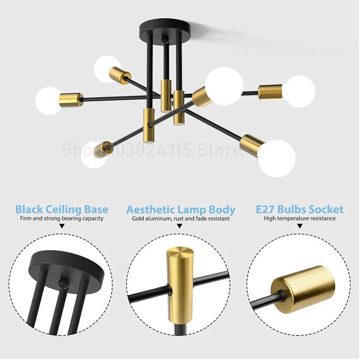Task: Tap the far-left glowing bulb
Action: pyautogui.click(x=48, y=101)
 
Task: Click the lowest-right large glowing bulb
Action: pyautogui.click(x=277, y=159)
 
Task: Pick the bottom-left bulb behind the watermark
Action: pyautogui.click(x=93, y=155)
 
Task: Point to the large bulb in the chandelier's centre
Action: pyautogui.click(x=224, y=86)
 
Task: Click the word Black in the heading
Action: pyautogui.click(x=29, y=210)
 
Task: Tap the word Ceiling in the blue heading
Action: pyautogui.click(x=63, y=210)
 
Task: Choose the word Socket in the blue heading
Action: pyautogui.click(x=326, y=210)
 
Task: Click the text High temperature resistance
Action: pyautogui.click(x=299, y=219)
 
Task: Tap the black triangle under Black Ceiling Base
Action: pyautogui.click(x=62, y=226)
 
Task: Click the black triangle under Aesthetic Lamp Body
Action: pyautogui.click(x=180, y=226)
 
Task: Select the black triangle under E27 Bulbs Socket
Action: pyautogui.click(x=300, y=226)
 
